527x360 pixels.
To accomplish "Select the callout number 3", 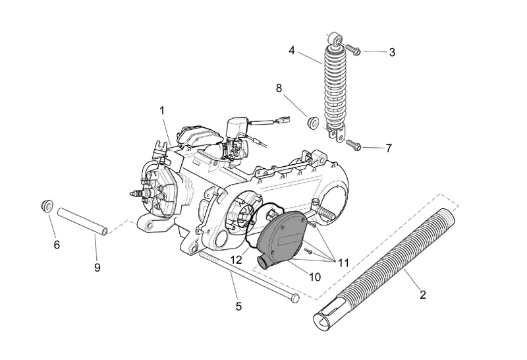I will pyautogui.click(x=392, y=52).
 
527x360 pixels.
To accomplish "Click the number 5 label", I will pyautogui.click(x=238, y=306).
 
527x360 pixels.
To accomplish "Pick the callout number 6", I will pyautogui.click(x=57, y=245).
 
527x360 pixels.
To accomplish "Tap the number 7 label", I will pyautogui.click(x=389, y=148).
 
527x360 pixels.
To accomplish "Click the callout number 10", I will pyautogui.click(x=314, y=278).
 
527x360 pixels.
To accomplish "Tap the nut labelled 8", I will pyautogui.click(x=314, y=121).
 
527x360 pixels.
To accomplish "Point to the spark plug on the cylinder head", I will pyautogui.click(x=136, y=194).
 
